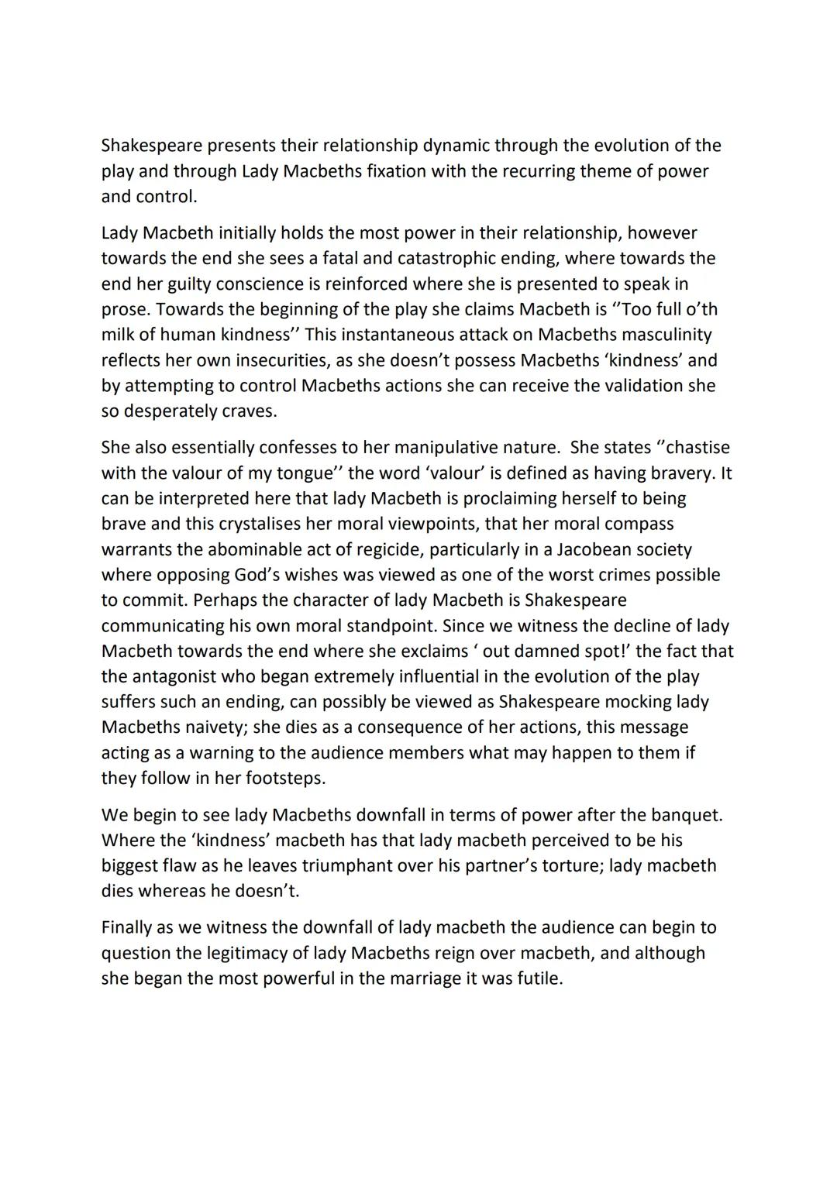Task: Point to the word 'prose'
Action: click(x=125, y=309)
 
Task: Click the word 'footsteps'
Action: click(x=284, y=778)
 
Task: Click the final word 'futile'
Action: click(x=539, y=978)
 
